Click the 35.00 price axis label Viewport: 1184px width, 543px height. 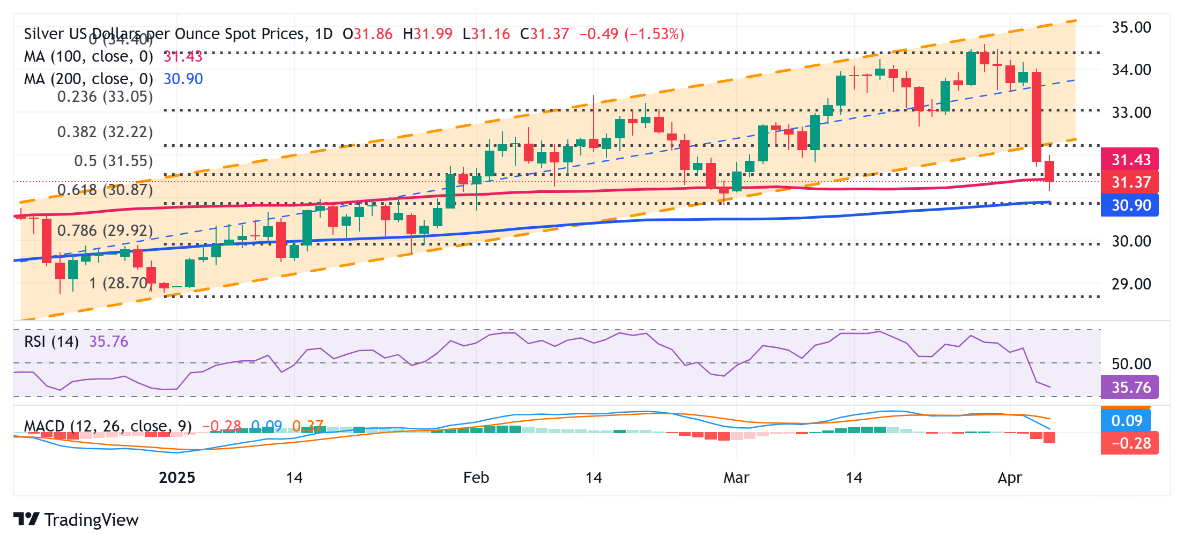(1131, 27)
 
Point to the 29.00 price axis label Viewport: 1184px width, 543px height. (1131, 284)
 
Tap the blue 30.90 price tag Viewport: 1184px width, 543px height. (1129, 205)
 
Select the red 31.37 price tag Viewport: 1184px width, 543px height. (1129, 182)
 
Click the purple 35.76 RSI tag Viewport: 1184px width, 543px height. (1129, 387)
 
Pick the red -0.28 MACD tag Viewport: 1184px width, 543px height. (1129, 443)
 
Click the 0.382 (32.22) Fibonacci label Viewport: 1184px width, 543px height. (105, 132)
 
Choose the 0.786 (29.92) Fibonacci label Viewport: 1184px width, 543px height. (105, 230)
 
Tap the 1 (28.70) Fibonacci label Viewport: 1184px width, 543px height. (120, 283)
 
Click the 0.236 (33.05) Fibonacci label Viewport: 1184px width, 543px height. (105, 96)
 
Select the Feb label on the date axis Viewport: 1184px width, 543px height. (476, 477)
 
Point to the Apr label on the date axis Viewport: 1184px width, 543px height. (1009, 477)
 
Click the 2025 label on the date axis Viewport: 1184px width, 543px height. (177, 477)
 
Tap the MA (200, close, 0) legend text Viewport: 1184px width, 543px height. (88, 79)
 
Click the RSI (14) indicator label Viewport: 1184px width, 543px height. (51, 341)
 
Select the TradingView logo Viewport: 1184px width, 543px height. (76, 519)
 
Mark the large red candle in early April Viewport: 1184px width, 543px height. (1037, 116)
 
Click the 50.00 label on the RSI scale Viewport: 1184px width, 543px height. (1131, 364)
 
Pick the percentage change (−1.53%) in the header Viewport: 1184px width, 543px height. (654, 34)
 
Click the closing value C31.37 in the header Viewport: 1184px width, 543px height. (544, 34)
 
